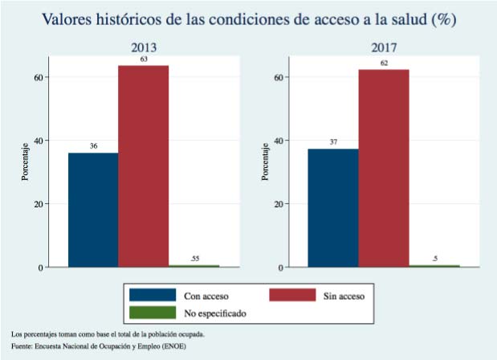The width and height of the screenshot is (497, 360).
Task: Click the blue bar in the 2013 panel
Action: pyautogui.click(x=92, y=209)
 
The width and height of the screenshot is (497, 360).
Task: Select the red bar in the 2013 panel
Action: pyautogui.click(x=143, y=165)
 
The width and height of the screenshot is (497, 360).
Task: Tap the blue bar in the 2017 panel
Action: pyautogui.click(x=333, y=207)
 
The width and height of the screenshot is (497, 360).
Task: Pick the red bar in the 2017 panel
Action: pyautogui.click(x=383, y=167)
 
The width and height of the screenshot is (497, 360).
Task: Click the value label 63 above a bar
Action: pyautogui.click(x=143, y=59)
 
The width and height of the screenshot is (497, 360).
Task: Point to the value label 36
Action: pyautogui.click(x=93, y=146)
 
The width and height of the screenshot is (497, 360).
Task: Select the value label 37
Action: pyautogui.click(x=333, y=142)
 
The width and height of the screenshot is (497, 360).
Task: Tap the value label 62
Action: pyautogui.click(x=383, y=63)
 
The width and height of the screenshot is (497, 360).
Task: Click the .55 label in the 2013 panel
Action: pyautogui.click(x=194, y=258)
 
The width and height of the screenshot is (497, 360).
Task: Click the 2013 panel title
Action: pyautogui.click(x=143, y=47)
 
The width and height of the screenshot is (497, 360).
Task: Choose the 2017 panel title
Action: pyautogui.click(x=383, y=47)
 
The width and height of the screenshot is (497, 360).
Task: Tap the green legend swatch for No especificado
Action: pyautogui.click(x=153, y=312)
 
